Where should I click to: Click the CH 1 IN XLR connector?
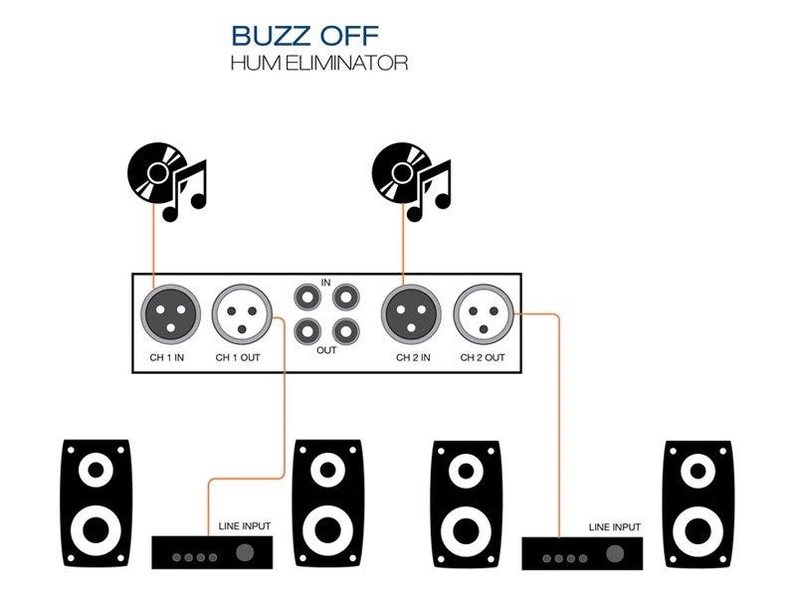(x=173, y=314)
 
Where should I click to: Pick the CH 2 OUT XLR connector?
(x=482, y=314)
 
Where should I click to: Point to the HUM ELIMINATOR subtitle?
(x=318, y=62)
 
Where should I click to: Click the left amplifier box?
(x=213, y=551)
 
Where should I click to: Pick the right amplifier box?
(x=584, y=551)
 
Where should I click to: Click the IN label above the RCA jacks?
(x=325, y=284)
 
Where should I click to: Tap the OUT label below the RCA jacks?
(x=325, y=349)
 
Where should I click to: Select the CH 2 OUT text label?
(x=483, y=357)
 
